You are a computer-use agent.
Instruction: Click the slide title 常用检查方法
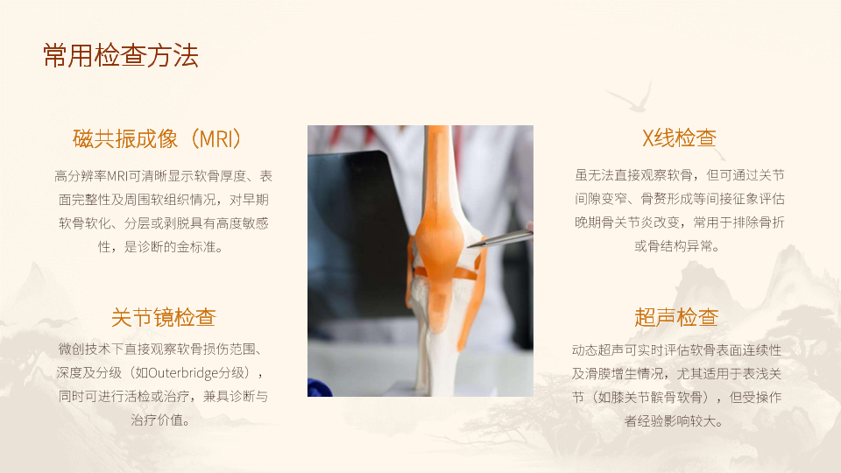click(x=121, y=55)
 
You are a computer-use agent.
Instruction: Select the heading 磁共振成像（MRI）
click(x=160, y=139)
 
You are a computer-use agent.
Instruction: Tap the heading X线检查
click(x=679, y=138)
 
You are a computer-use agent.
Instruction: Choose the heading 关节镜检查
click(x=163, y=317)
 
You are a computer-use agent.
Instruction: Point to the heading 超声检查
click(x=676, y=317)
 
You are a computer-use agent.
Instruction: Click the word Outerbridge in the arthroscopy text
click(x=182, y=373)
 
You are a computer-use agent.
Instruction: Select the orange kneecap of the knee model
click(x=438, y=231)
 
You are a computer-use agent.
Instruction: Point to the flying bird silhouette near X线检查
click(x=630, y=98)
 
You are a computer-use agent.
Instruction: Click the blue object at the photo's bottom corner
click(x=320, y=387)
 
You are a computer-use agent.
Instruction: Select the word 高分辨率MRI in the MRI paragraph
click(x=90, y=176)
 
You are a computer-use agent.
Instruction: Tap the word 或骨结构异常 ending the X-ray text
click(x=673, y=246)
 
